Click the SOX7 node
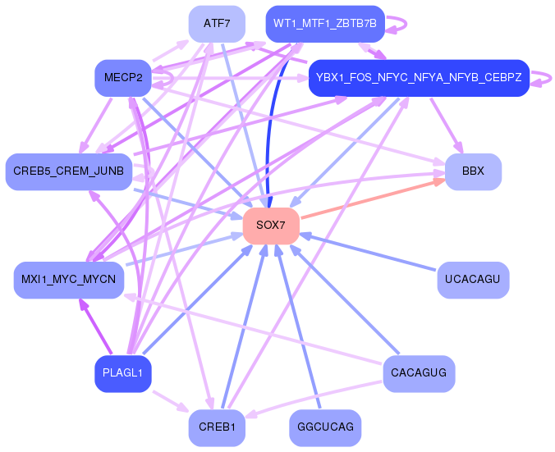[271, 226]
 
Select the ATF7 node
[217, 24]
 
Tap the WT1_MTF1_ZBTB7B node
[325, 24]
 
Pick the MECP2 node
[123, 77]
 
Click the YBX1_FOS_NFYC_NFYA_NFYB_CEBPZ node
[419, 77]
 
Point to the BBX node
[473, 171]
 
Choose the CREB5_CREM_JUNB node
[69, 171]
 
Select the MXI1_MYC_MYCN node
[69, 280]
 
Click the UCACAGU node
[473, 280]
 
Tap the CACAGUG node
[419, 373]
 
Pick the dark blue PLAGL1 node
[123, 373]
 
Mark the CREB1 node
[217, 427]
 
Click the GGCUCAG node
[325, 427]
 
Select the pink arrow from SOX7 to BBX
[373, 199]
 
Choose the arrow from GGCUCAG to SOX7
[298, 326]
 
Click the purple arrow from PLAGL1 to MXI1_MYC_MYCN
[96, 326]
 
